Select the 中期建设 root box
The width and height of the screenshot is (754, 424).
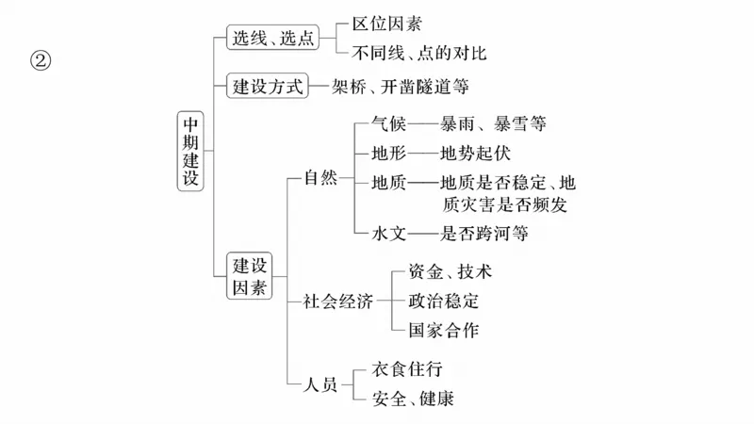[190, 151]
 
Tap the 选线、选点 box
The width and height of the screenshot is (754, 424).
[272, 38]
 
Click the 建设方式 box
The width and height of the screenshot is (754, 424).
[269, 87]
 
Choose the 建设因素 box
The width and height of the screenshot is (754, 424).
[250, 275]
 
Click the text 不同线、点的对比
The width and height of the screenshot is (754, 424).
[419, 53]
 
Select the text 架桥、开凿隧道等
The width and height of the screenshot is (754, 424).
[400, 87]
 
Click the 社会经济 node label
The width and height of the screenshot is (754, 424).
[337, 302]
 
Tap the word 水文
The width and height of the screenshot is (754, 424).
[389, 232]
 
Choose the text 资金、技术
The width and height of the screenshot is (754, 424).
[450, 272]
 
